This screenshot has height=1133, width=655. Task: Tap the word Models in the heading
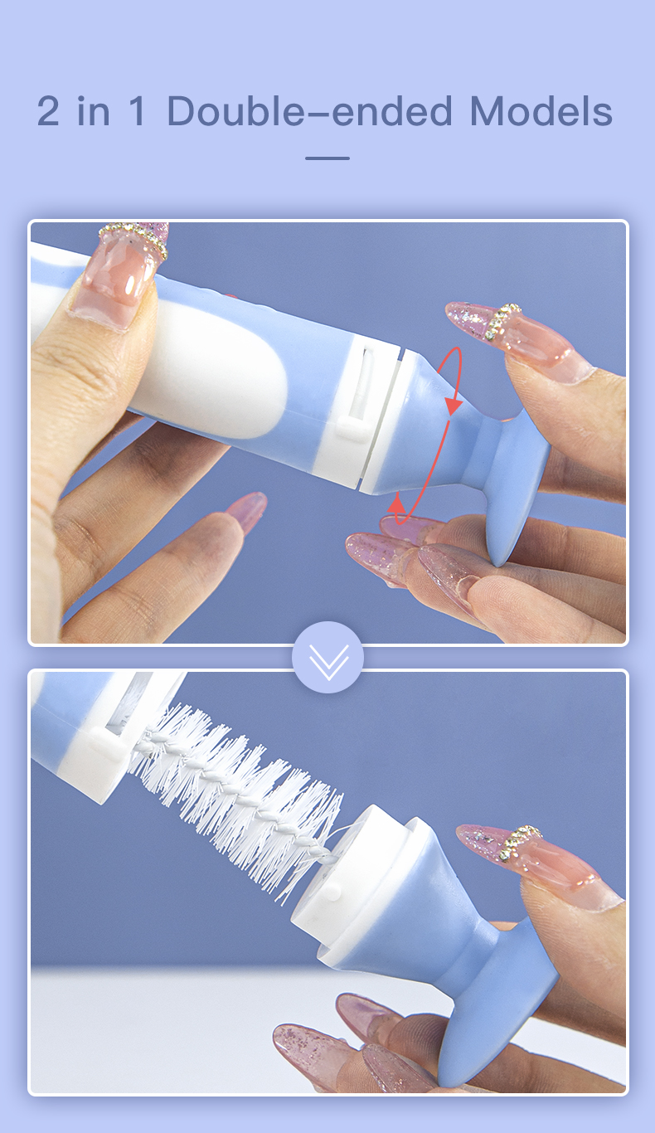tap(541, 112)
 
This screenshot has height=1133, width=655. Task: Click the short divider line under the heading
tap(327, 158)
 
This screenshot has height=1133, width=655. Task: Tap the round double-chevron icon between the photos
tap(327, 657)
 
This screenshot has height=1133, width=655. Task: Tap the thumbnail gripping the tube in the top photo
tap(116, 274)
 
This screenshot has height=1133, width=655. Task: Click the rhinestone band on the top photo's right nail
tap(504, 321)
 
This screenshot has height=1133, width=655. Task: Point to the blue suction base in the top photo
tap(518, 481)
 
